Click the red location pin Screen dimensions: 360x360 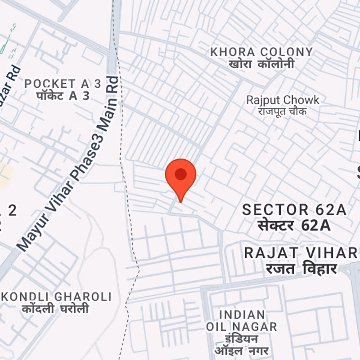(181, 178)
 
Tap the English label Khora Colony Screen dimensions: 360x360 (261, 52)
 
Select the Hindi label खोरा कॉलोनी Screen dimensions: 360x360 (261, 64)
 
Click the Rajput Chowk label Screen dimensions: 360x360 (283, 100)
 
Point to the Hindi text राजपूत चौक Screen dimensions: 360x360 (283, 111)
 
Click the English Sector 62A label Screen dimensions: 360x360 (294, 210)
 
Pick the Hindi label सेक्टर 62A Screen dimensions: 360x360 (294, 225)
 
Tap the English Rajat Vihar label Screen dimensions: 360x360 (301, 253)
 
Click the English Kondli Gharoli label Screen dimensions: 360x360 (57, 297)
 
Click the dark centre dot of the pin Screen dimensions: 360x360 (181, 174)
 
